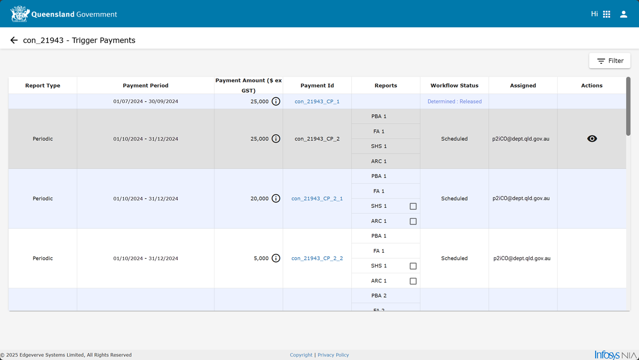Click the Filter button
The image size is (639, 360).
610,61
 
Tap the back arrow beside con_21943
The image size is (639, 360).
13,40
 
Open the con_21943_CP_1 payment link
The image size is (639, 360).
317,102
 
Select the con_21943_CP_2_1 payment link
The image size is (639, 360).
317,198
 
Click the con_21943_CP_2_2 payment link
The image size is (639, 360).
317,258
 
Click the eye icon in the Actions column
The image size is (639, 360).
592,139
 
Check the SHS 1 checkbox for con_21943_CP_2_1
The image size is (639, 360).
413,206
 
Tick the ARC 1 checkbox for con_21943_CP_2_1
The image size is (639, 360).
413,221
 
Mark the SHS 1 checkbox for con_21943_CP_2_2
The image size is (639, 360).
413,266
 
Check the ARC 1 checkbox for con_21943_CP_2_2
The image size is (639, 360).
413,281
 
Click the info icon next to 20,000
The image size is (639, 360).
276,198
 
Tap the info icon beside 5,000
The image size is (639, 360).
276,258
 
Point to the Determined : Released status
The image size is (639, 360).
454,102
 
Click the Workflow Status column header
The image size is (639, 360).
454,85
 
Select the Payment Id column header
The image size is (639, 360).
317,85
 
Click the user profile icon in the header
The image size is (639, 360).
624,14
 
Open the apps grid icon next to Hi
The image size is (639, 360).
607,14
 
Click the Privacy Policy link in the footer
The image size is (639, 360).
333,355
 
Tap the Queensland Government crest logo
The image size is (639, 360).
19,13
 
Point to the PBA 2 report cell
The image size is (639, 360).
379,296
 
